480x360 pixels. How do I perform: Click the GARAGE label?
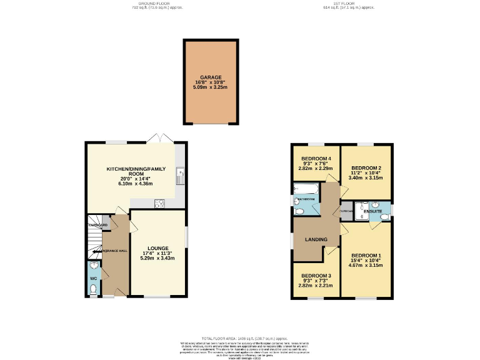click(x=211, y=77)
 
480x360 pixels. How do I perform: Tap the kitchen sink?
click(x=180, y=176)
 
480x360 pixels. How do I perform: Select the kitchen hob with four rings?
click(x=159, y=202)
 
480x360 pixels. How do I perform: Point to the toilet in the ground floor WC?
click(x=93, y=289)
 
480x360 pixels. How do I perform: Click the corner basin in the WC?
click(x=91, y=274)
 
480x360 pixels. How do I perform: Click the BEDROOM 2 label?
click(x=366, y=169)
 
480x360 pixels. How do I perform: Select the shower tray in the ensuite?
click(x=362, y=211)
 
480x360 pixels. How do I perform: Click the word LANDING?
click(x=316, y=240)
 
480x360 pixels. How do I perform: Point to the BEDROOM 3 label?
click(x=316, y=276)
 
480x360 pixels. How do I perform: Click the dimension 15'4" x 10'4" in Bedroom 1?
click(x=366, y=261)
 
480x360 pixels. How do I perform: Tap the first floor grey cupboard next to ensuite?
click(x=346, y=211)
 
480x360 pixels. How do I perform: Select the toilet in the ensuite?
click(x=386, y=216)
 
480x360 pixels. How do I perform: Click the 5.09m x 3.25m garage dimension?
click(x=211, y=87)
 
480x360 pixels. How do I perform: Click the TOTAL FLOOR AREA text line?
click(x=239, y=337)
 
